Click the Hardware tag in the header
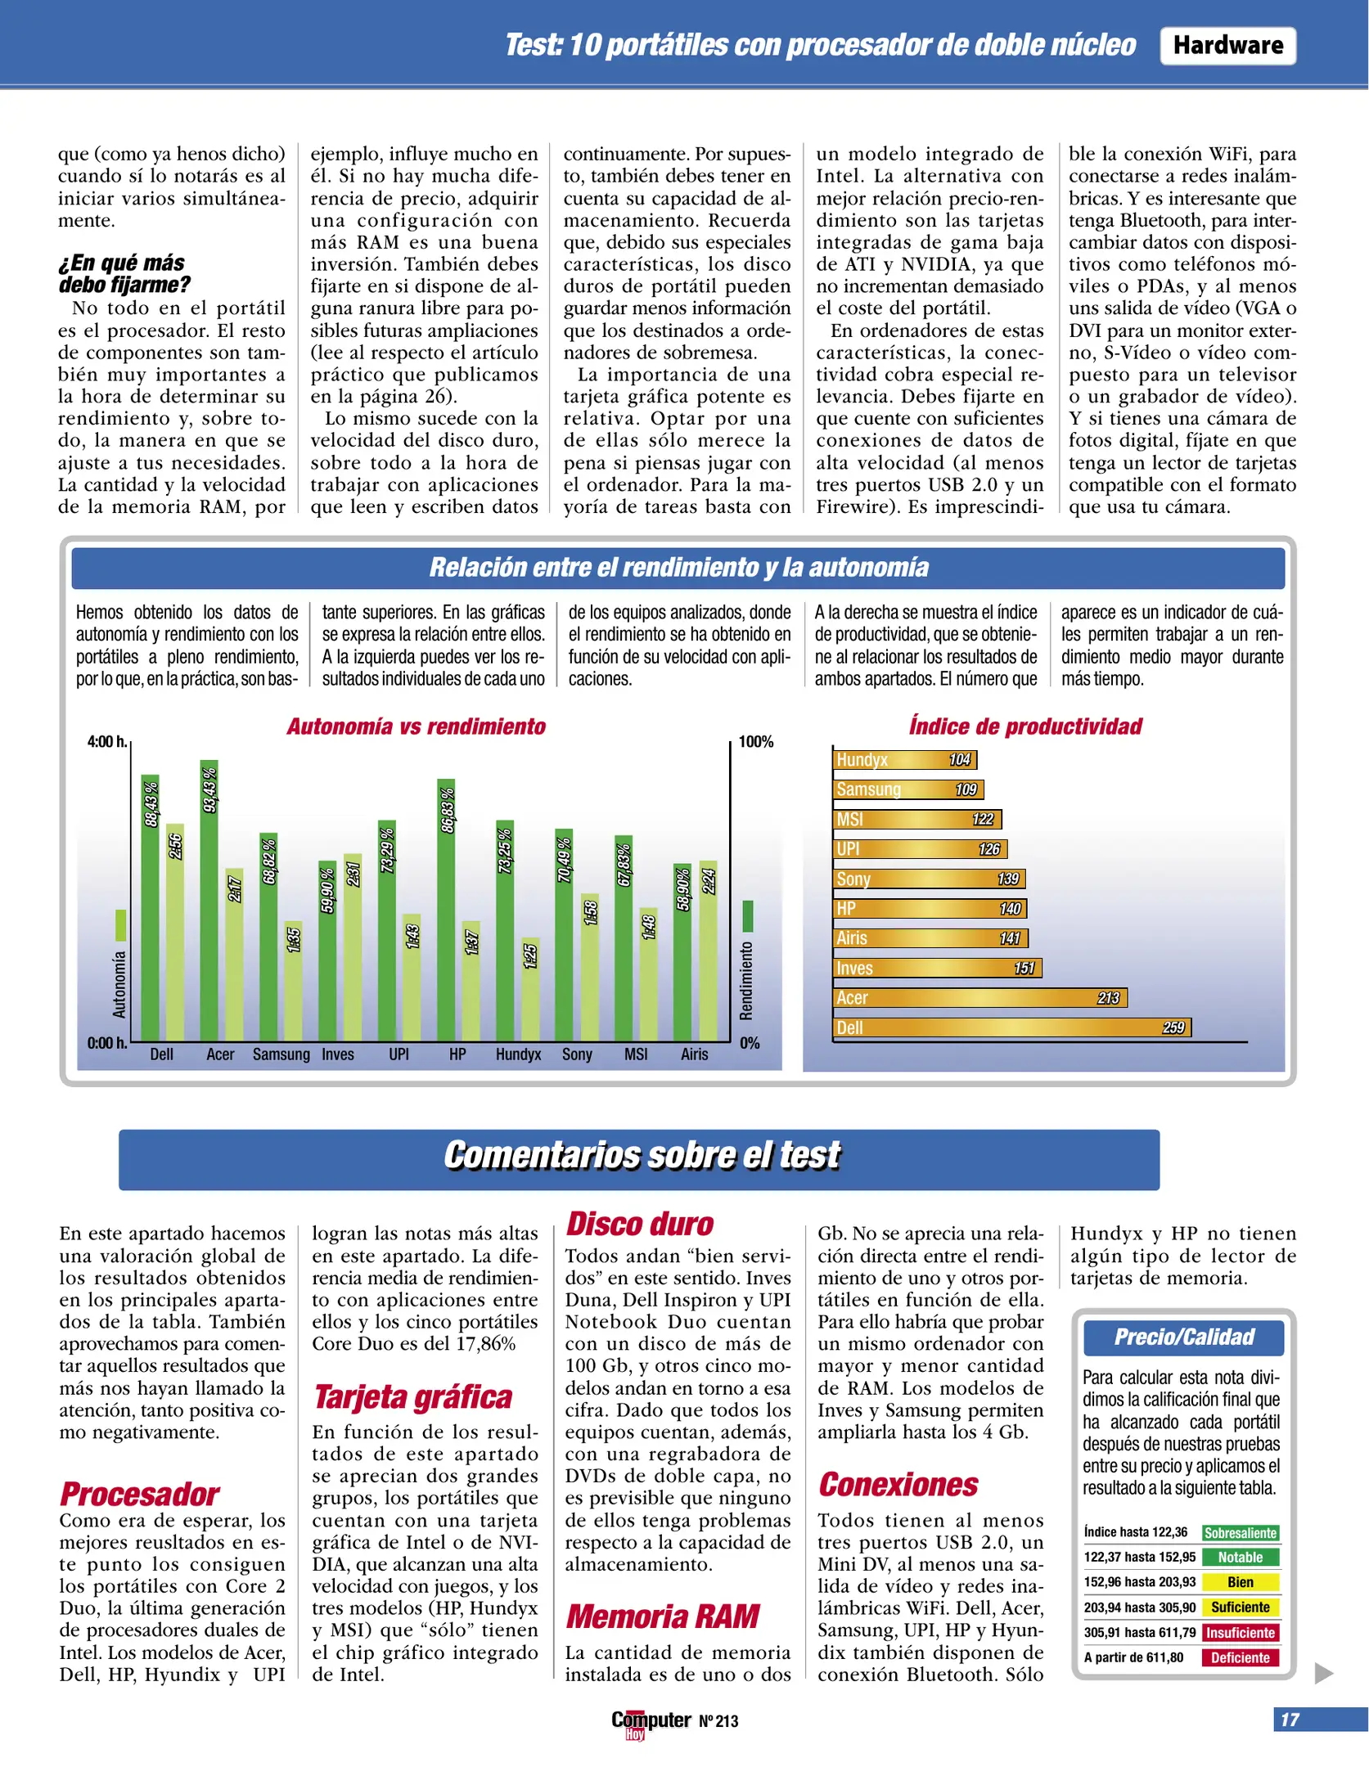click(x=1227, y=45)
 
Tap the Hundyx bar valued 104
click(x=903, y=759)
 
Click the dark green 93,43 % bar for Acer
click(x=209, y=900)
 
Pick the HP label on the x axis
click(x=457, y=1054)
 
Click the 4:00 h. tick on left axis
click(x=107, y=742)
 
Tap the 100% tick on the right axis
click(x=755, y=742)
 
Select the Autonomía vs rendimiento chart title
click(x=416, y=726)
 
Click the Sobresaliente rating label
click(x=1240, y=1533)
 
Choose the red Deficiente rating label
click(x=1240, y=1657)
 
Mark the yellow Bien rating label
click(x=1240, y=1582)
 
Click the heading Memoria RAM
click(x=663, y=1616)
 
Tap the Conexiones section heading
click(x=898, y=1485)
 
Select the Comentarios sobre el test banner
click(x=639, y=1156)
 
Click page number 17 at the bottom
click(x=1290, y=1720)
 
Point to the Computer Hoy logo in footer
click(x=651, y=1722)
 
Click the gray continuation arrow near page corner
click(x=1323, y=1673)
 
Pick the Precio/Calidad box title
click(x=1183, y=1338)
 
